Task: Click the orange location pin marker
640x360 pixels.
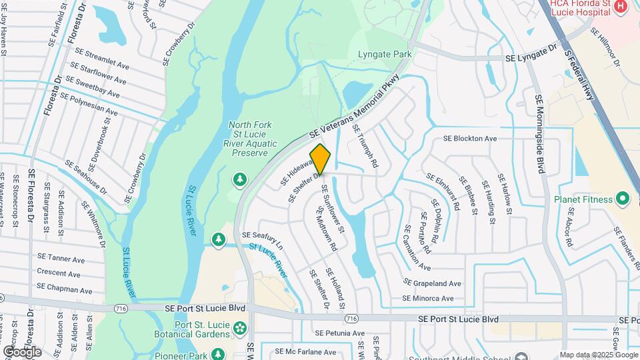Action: point(321,159)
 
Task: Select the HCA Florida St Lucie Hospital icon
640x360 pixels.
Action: point(621,7)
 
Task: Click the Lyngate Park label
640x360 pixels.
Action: point(384,54)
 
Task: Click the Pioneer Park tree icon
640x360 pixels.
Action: point(217,353)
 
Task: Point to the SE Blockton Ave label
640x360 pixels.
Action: point(471,139)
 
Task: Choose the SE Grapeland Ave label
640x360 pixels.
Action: point(431,283)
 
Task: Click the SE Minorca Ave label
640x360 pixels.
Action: point(427,299)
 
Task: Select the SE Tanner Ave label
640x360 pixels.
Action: point(59,257)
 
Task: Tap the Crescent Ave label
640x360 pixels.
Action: point(59,273)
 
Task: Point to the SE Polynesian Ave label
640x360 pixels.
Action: point(89,104)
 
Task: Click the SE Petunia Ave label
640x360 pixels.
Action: point(340,333)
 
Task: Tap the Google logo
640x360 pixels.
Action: point(22,351)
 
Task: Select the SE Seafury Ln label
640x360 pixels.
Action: point(263,240)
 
